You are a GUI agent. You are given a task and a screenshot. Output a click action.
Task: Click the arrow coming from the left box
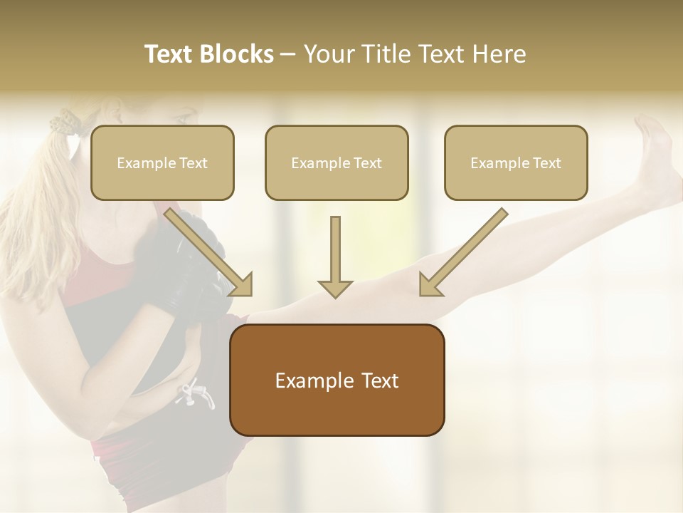[x=210, y=252]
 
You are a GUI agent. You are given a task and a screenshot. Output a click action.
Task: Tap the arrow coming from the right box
[x=462, y=252]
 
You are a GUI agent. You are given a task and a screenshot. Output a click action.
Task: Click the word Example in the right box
[x=495, y=163]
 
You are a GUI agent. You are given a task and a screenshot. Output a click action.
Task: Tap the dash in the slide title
[x=288, y=54]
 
